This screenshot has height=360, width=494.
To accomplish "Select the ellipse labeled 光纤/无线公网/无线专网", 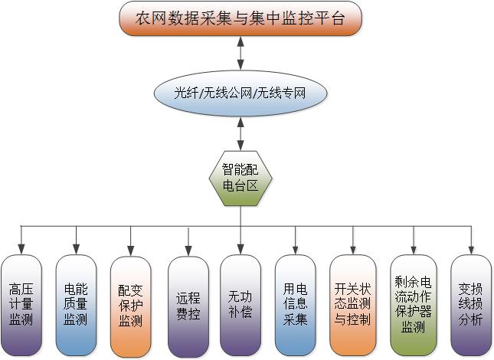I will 240,93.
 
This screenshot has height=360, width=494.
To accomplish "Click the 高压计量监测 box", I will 21,305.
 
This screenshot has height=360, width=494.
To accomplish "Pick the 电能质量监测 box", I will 76,305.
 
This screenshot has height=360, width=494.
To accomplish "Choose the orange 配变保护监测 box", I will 130,305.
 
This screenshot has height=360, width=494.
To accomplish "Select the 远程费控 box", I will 187,305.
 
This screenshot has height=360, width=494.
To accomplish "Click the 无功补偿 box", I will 240,305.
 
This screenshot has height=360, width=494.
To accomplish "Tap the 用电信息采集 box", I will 295,305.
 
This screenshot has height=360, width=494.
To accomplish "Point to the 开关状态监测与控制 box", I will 352,305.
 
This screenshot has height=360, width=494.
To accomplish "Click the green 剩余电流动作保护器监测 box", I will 413,305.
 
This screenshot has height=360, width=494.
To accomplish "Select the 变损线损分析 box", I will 470,305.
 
